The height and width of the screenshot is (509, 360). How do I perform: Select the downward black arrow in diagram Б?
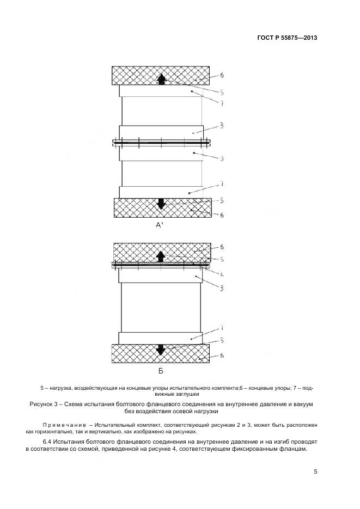click(x=160, y=349)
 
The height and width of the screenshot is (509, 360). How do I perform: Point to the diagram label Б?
click(x=161, y=372)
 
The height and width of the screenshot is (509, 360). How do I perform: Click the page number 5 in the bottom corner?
click(x=315, y=472)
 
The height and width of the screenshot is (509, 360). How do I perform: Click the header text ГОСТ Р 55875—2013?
click(x=287, y=38)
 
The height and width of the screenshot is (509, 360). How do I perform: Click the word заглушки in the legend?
click(x=187, y=393)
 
